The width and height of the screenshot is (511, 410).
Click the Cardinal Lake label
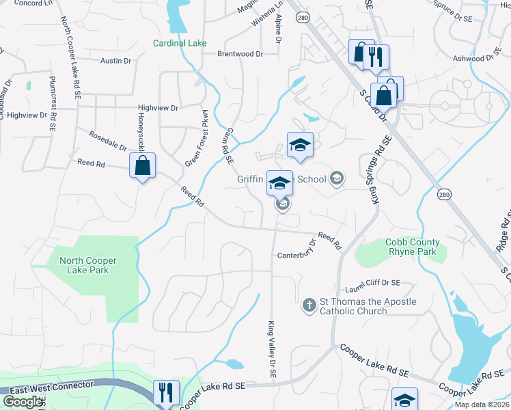(x=180, y=44)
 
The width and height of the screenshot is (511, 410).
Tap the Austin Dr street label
(x=115, y=61)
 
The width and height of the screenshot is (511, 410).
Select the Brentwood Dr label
(x=240, y=53)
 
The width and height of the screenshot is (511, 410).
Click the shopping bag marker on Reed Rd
(x=142, y=166)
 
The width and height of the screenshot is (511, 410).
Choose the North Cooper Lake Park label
(x=87, y=265)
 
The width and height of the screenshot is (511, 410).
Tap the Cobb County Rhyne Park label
(x=412, y=246)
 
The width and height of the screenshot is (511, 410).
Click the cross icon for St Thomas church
(x=309, y=305)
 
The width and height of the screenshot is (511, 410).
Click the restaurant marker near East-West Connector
(x=166, y=392)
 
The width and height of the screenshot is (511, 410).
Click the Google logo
(x=22, y=402)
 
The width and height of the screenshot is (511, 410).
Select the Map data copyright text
(x=482, y=405)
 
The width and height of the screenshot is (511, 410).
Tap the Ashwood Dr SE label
(x=478, y=58)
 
